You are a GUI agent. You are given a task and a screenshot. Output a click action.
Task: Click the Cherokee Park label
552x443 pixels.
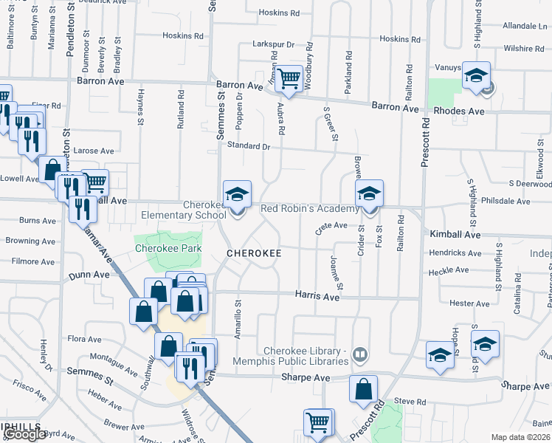coord(168,249)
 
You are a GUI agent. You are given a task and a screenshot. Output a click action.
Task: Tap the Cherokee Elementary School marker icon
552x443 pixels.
coord(237,194)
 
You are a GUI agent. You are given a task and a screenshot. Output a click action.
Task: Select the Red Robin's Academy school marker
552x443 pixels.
coord(369,194)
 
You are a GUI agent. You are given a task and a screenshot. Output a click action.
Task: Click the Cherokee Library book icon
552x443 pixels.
coord(360,354)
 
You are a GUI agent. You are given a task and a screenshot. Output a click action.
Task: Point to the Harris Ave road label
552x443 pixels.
coord(317,296)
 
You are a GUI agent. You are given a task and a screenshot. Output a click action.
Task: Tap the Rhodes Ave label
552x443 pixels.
coord(458,111)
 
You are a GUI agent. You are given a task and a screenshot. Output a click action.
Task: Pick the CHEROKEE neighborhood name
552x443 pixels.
coord(254,253)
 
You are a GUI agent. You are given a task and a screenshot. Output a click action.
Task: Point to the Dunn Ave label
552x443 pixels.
coord(83,274)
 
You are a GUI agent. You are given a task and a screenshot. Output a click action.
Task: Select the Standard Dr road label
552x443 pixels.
coord(248,146)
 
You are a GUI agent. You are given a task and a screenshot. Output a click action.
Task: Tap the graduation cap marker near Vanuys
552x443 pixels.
coord(477,76)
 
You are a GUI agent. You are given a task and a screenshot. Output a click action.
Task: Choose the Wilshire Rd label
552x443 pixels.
coord(525,49)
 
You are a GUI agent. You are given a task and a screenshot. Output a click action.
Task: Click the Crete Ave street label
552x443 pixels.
coord(331,226)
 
